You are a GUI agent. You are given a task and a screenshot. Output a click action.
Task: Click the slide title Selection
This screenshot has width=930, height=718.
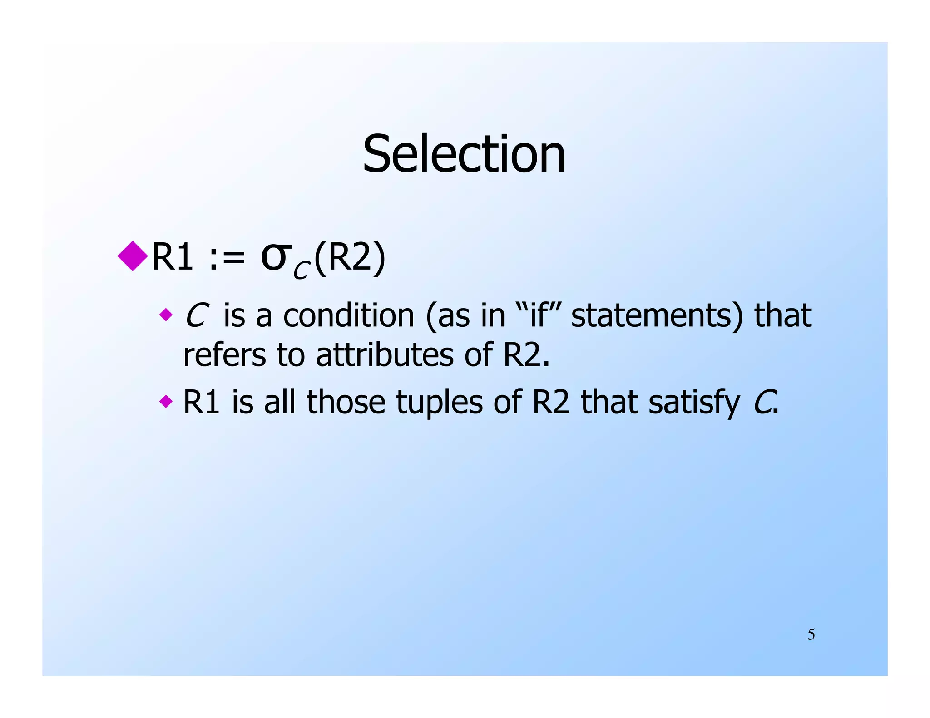coord(464,154)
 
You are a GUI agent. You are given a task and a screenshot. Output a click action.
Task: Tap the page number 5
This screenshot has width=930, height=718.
coord(811,634)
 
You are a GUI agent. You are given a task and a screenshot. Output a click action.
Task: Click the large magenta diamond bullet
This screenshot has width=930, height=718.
coord(133,256)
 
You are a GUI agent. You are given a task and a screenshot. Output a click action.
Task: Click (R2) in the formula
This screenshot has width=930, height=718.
coord(350,257)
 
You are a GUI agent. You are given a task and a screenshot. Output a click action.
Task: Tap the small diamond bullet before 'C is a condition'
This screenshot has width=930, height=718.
coord(166,314)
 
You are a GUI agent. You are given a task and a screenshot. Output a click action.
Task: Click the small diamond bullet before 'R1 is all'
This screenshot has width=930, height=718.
coord(166,401)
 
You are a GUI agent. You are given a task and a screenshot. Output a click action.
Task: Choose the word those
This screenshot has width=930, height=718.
coord(346,402)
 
